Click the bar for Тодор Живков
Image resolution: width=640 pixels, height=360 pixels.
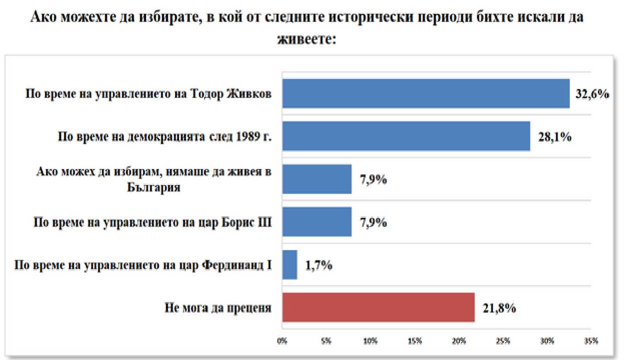click(425, 93)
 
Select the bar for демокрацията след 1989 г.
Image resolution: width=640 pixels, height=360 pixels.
click(406, 136)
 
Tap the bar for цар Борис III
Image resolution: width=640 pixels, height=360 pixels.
click(317, 222)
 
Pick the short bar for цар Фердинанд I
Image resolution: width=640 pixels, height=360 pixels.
click(289, 265)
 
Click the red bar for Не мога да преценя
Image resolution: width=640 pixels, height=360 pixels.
click(378, 307)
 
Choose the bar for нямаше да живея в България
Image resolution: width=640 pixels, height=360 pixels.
click(317, 179)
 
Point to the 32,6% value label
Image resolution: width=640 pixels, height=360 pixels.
click(592, 94)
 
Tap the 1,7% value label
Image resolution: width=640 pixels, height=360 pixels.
click(318, 265)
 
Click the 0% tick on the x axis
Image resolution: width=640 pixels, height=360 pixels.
click(282, 341)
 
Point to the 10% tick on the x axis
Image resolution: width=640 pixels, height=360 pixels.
click(370, 341)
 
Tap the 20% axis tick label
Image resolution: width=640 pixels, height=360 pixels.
click(459, 341)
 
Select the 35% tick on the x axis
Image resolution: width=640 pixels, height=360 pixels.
click(591, 341)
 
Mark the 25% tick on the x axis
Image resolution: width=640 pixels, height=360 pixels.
click(503, 341)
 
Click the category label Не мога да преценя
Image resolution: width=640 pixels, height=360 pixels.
click(218, 308)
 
